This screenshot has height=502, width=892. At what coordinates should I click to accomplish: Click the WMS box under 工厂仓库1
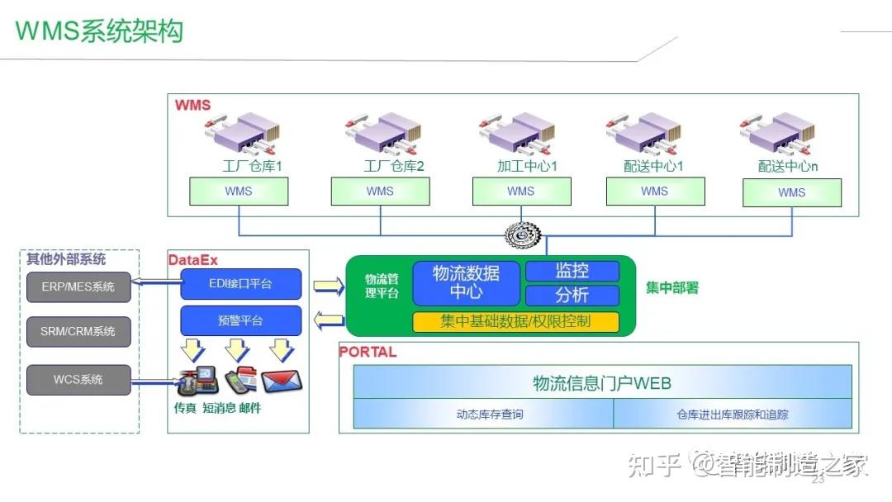tap(239, 192)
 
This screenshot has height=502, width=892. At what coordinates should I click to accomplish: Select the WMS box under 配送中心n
tap(791, 193)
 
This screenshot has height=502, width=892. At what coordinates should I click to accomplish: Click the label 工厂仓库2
tap(394, 166)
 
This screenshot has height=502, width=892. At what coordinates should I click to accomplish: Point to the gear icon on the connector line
tap(520, 236)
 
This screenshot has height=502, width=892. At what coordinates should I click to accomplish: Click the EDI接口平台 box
tap(241, 284)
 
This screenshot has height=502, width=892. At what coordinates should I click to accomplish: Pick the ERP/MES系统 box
tap(78, 287)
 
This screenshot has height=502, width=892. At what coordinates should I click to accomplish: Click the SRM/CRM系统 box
tap(78, 331)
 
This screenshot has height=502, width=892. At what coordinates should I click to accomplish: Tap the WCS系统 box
tap(78, 380)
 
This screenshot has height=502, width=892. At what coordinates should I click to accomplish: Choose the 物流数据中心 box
tap(467, 282)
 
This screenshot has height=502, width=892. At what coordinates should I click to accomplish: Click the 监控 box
tap(572, 271)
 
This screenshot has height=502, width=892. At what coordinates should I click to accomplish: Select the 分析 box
tap(572, 295)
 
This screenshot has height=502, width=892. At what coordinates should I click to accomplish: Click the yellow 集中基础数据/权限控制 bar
tap(515, 322)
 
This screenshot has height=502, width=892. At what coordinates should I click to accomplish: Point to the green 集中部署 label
tap(672, 288)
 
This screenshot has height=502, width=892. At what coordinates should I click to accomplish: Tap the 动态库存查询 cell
tap(483, 414)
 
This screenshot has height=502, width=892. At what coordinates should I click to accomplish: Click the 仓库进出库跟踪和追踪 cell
tap(732, 414)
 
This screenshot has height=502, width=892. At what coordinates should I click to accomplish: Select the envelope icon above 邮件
tap(282, 381)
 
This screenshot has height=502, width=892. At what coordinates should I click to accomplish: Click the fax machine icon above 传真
tap(196, 381)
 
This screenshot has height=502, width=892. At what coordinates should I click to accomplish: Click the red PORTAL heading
tap(368, 352)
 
